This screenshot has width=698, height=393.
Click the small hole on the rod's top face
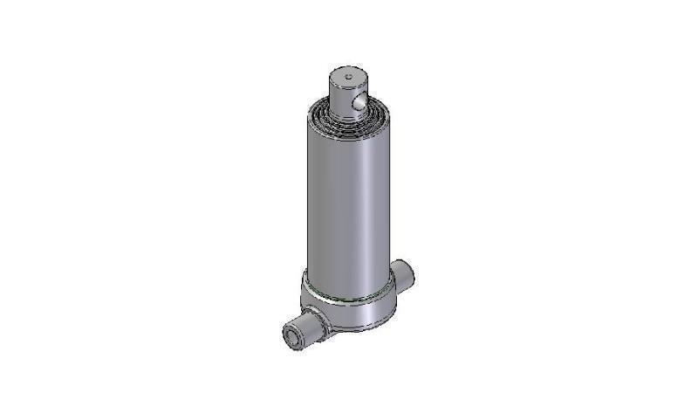348,76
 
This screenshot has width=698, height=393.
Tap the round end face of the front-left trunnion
288,335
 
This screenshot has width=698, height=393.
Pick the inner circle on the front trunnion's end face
287,335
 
